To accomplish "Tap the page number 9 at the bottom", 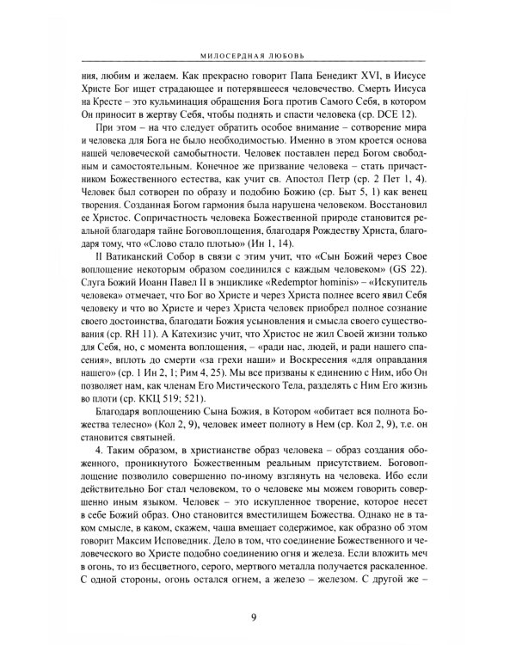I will pyautogui.click(x=258, y=615).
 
